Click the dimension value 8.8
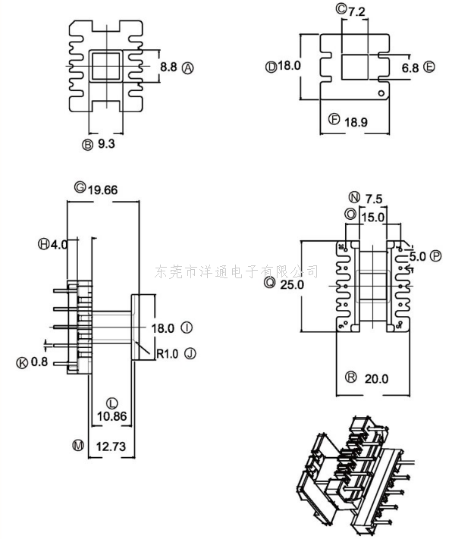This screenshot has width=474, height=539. tap(168, 67)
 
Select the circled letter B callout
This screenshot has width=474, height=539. tap(87, 145)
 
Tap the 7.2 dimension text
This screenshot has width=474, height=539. tap(356, 12)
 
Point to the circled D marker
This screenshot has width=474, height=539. tap(271, 67)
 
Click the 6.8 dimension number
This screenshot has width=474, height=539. tap(410, 68)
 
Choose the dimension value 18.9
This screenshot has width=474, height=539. tap(356, 122)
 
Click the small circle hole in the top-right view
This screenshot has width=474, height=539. tap(381, 92)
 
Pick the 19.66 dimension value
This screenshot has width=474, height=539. tap(103, 190)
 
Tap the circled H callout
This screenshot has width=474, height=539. tap(43, 244)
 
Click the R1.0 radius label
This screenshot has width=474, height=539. tap(168, 354)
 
